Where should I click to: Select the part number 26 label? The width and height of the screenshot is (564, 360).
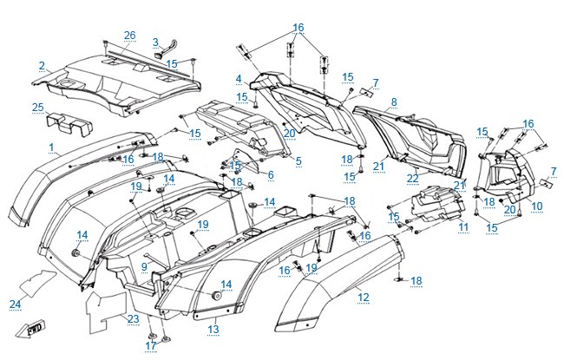click(130, 36)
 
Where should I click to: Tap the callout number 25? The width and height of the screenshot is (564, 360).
click(38, 108)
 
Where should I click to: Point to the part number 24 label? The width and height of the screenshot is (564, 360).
click(15, 304)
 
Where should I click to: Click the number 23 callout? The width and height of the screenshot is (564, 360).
click(133, 318)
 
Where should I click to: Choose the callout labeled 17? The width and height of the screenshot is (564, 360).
click(151, 345)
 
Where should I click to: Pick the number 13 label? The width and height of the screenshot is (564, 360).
click(213, 329)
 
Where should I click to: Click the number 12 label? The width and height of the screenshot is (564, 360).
click(364, 298)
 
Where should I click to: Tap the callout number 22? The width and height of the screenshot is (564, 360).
click(412, 179)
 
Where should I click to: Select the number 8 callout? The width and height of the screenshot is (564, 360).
click(394, 102)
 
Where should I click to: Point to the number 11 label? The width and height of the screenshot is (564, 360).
click(463, 227)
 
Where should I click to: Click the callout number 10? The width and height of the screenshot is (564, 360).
click(536, 206)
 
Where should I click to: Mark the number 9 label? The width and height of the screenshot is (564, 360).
click(144, 266)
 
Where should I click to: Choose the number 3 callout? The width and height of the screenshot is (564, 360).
click(155, 43)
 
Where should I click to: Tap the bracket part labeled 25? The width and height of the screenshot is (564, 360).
click(69, 124)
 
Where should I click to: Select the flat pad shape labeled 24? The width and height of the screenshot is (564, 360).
click(38, 284)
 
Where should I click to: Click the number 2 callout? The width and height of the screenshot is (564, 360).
click(43, 66)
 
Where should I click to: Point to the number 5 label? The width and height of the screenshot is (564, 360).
click(298, 161)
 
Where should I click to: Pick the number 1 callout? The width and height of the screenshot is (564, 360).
click(51, 147)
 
